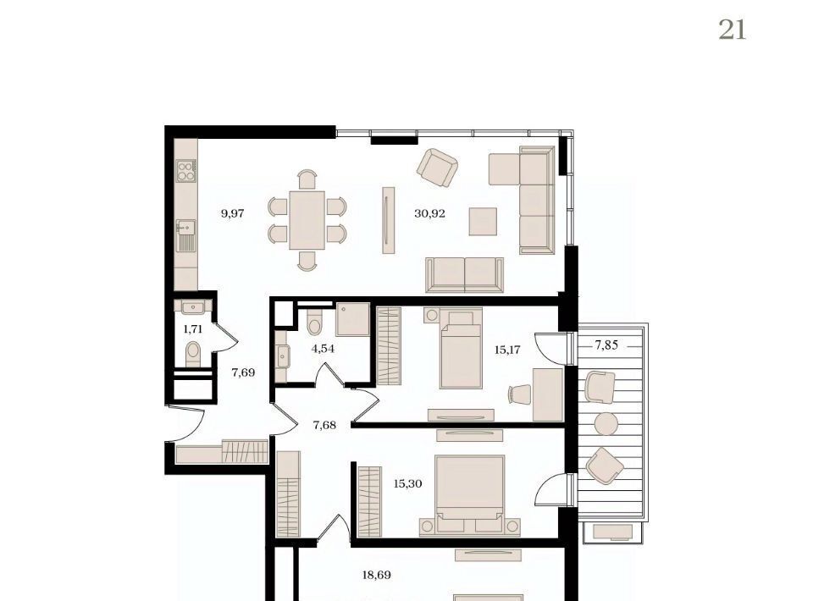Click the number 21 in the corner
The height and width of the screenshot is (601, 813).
[732, 30]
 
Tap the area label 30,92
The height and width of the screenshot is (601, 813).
[430, 213]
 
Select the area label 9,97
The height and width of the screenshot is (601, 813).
[232, 213]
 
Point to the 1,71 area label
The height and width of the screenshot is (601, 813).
[193, 329]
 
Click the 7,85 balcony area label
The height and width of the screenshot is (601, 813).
[606, 345]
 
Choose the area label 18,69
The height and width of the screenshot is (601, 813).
[376, 575]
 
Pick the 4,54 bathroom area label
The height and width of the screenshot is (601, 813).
[323, 349]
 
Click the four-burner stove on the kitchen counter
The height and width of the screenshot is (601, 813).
[186, 170]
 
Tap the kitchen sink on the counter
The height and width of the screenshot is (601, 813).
[185, 234]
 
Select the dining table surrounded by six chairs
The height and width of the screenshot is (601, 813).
[307, 220]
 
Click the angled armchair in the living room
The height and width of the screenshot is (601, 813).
[437, 168]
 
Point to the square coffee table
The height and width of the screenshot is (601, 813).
[483, 221]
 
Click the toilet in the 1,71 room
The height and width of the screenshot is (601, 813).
[193, 354]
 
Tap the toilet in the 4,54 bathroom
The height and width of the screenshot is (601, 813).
[314, 323]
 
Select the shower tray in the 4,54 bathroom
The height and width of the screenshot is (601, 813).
[352, 319]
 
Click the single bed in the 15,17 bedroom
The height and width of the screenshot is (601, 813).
[461, 348]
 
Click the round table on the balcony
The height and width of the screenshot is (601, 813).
[606, 424]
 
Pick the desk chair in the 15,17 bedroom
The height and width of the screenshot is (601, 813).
[520, 394]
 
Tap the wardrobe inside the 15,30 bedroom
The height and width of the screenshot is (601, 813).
[370, 501]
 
